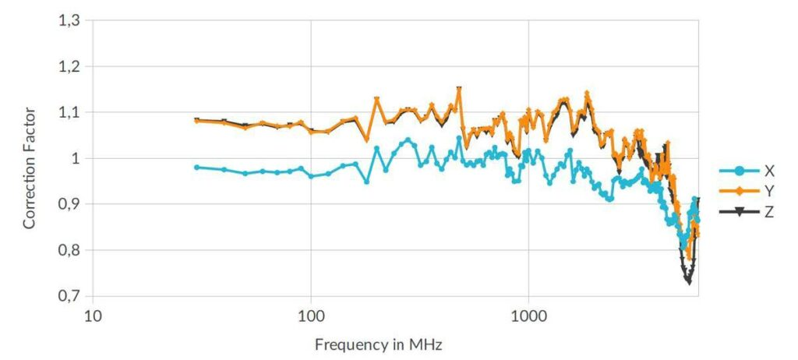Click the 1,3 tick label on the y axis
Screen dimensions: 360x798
tap(69, 20)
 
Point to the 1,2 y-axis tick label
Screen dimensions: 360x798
tap(69, 66)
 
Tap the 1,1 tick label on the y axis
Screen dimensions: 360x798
tap(69, 112)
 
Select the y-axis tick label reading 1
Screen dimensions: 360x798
tap(76, 158)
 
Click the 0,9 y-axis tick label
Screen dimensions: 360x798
tap(69, 204)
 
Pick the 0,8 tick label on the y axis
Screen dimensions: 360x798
tap(69, 250)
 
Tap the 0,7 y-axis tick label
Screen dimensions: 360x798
tap(69, 296)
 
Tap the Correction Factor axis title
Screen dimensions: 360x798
tap(30, 158)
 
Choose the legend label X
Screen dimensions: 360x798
tap(769, 171)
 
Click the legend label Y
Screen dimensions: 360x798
tap(769, 191)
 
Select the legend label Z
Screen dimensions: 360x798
tap(769, 211)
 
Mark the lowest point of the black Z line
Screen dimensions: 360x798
tap(688, 281)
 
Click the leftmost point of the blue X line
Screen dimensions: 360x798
tap(196, 167)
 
